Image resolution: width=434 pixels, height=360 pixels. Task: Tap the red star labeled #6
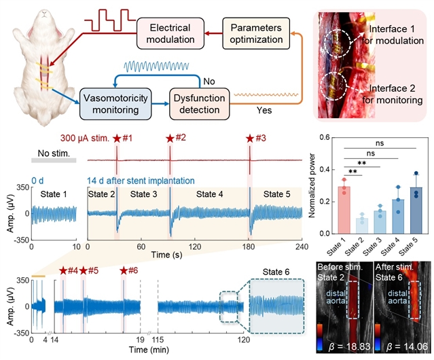124,271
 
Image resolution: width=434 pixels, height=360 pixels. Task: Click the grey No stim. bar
54,160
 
